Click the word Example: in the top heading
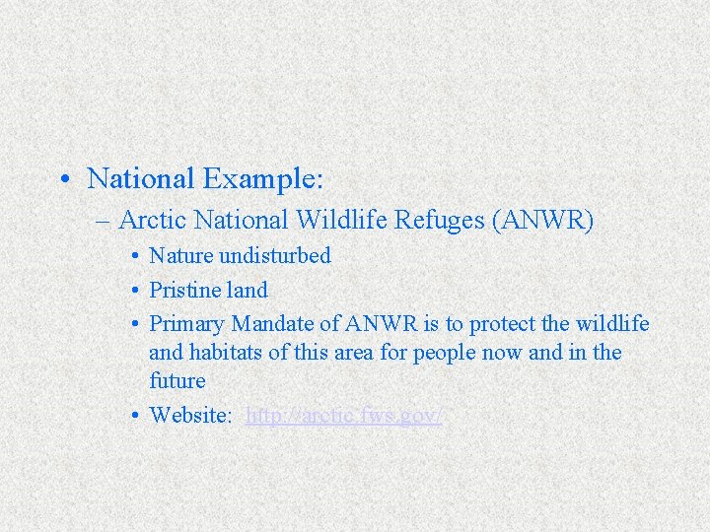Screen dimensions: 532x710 (x=263, y=178)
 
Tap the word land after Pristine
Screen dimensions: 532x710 (x=247, y=290)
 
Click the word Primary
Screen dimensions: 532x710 (x=186, y=324)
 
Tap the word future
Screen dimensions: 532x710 (x=177, y=380)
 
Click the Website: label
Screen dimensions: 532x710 (x=191, y=415)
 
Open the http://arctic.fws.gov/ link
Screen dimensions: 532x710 (x=343, y=415)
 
